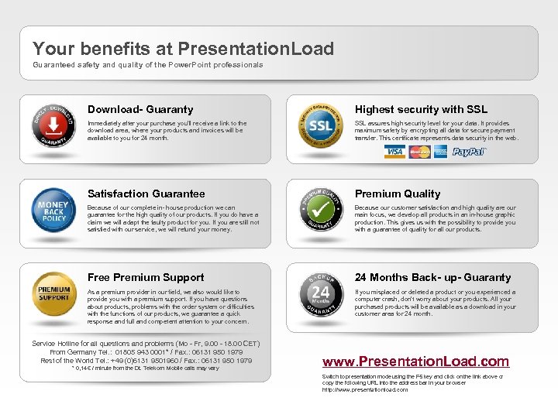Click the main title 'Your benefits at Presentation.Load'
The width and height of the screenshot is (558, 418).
pyautogui.click(x=183, y=50)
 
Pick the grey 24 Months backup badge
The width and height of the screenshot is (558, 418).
pyautogui.click(x=321, y=295)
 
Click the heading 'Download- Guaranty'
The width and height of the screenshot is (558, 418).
pyautogui.click(x=140, y=110)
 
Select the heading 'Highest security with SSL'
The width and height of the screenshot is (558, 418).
pyautogui.click(x=421, y=110)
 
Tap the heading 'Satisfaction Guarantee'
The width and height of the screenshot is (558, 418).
pyautogui.click(x=146, y=194)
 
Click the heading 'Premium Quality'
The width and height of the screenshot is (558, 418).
pyautogui.click(x=398, y=194)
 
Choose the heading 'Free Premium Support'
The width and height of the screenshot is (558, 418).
pyautogui.click(x=146, y=277)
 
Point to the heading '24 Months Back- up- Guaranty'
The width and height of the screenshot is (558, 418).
pyautogui.click(x=433, y=277)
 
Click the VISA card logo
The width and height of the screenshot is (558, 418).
pyautogui.click(x=394, y=152)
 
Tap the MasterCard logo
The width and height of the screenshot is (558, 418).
pyautogui.click(x=419, y=152)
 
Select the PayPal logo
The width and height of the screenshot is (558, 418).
pyautogui.click(x=469, y=152)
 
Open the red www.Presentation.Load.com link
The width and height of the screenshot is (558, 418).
pyautogui.click(x=415, y=361)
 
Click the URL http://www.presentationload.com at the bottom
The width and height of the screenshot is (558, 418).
pyautogui.click(x=364, y=389)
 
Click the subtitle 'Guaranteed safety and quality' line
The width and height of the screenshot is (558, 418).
pyautogui.click(x=147, y=64)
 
